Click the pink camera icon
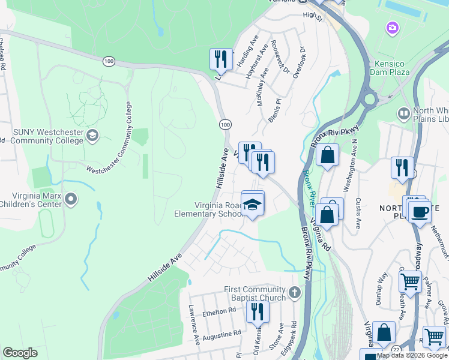(x=393, y=28)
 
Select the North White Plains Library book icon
(x=404, y=113)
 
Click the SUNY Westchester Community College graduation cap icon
(x=92, y=135)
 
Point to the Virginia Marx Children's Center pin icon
(x=71, y=199)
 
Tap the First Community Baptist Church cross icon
(x=294, y=293)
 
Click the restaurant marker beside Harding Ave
(x=221, y=60)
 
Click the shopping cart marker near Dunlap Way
(x=410, y=281)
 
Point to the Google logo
(x=20, y=352)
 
